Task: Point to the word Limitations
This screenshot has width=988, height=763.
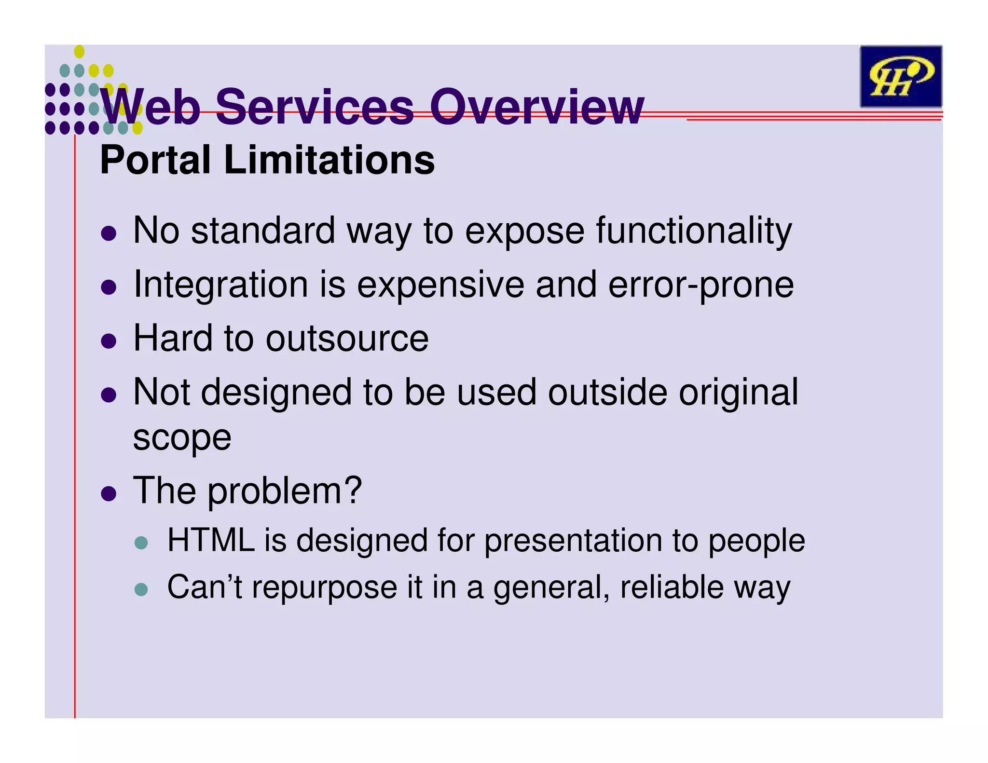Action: pos(329,160)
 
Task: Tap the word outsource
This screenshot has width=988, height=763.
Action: pos(347,339)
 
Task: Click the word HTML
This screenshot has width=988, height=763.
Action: pos(211,540)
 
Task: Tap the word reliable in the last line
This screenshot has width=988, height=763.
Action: pos(672,587)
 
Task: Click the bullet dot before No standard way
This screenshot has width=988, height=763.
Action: pos(109,234)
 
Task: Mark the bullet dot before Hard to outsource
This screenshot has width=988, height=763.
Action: pos(109,341)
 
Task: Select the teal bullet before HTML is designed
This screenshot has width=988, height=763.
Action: pos(141,543)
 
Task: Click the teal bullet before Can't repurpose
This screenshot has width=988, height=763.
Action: pos(141,590)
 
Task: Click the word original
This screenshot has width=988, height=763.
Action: pos(738,392)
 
